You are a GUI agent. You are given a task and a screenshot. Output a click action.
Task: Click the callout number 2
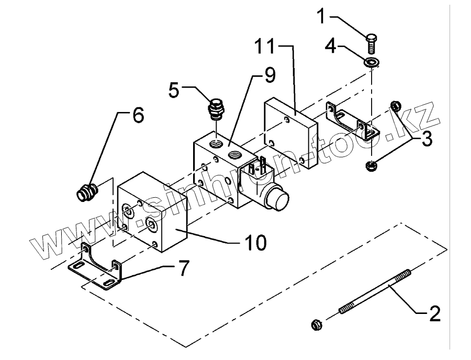tap(434, 313)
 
